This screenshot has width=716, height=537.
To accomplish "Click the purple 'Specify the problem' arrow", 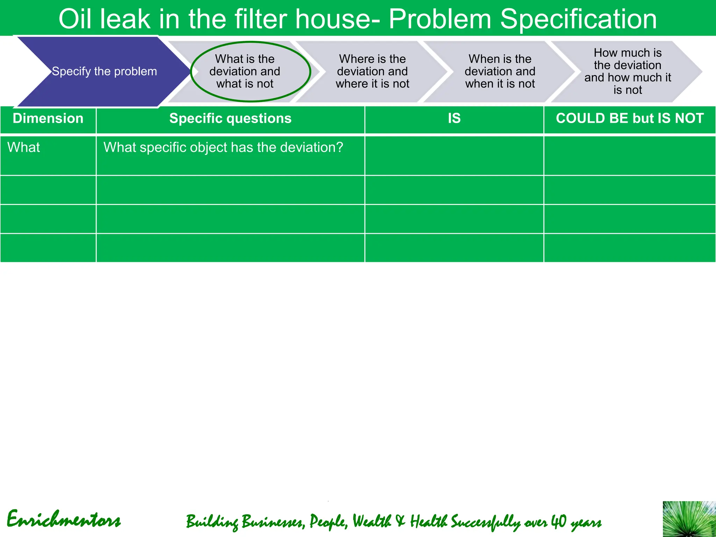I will [x=104, y=71].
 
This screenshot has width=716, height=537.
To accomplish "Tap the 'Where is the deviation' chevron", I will [x=372, y=71].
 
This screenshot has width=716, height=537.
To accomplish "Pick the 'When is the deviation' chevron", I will [x=500, y=71].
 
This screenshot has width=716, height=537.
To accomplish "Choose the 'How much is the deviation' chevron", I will [x=628, y=71].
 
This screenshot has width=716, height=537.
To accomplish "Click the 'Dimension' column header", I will [x=48, y=119].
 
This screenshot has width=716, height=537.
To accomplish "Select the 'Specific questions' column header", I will [x=230, y=119].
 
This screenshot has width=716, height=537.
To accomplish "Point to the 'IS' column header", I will [x=454, y=119].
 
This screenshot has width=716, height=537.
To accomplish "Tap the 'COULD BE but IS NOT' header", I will [x=630, y=119].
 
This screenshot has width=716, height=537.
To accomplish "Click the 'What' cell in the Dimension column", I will [x=24, y=148].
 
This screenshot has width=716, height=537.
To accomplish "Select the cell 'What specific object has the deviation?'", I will [x=223, y=148].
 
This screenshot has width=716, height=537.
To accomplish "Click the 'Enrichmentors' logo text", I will [x=64, y=520].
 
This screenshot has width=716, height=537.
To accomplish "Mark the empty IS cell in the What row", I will [x=454, y=156].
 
